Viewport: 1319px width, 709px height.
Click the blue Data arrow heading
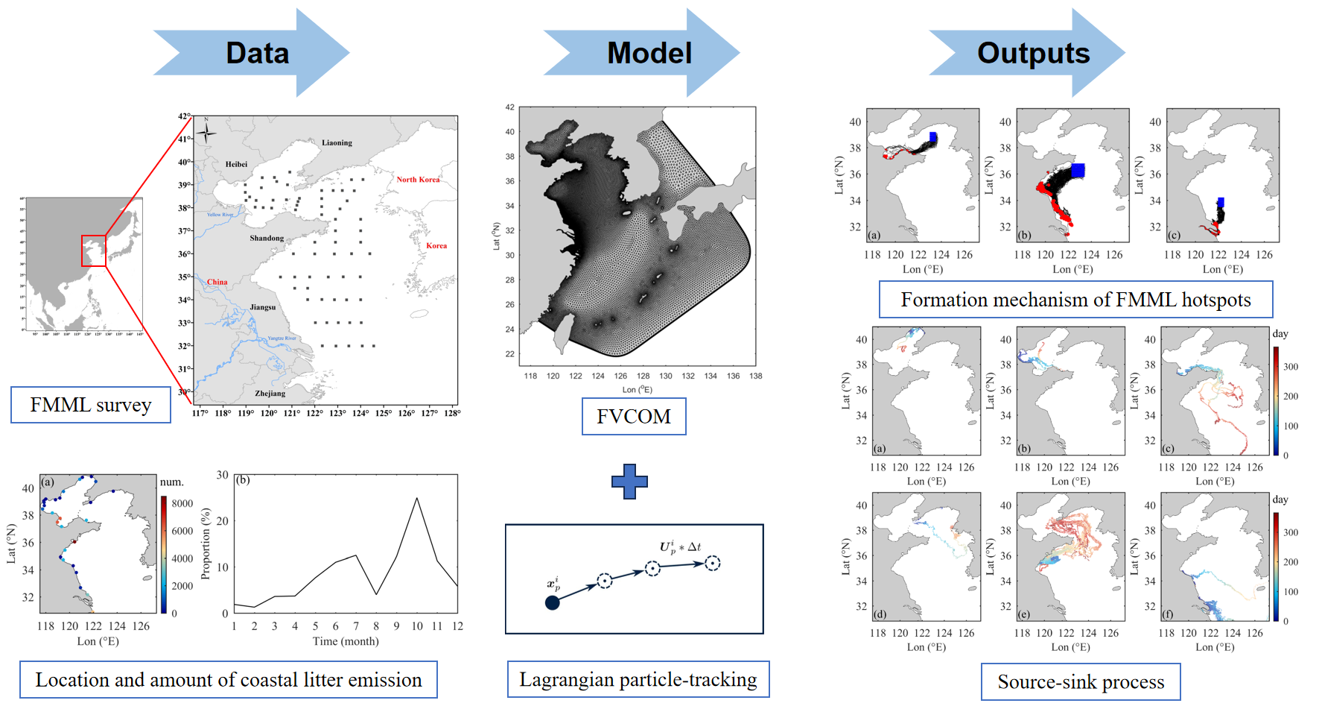(x=257, y=53)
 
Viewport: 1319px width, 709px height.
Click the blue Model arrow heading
(x=649, y=53)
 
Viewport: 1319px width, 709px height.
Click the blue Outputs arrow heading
(x=1033, y=53)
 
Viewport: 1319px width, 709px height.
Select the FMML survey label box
(x=91, y=405)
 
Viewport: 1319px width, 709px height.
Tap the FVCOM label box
(x=634, y=416)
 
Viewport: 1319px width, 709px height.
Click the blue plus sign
(x=629, y=482)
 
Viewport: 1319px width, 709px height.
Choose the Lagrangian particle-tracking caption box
(x=638, y=679)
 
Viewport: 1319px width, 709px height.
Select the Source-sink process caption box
(x=1081, y=681)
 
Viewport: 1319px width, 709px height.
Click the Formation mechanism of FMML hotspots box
(x=1075, y=300)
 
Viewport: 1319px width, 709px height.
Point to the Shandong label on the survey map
(x=267, y=239)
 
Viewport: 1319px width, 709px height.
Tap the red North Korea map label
(x=418, y=180)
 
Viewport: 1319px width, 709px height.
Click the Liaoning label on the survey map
(x=337, y=142)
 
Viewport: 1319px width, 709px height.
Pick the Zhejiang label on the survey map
(x=270, y=393)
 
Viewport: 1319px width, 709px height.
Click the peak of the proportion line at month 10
(x=416, y=498)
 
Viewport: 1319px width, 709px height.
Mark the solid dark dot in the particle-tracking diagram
(x=552, y=602)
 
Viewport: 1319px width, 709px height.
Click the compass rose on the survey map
(x=206, y=133)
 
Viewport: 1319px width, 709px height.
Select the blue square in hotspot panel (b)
(x=1077, y=170)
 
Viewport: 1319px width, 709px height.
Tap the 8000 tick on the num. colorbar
(x=182, y=503)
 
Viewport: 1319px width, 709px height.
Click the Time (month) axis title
(x=346, y=641)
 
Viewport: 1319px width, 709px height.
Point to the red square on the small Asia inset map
(x=94, y=250)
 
